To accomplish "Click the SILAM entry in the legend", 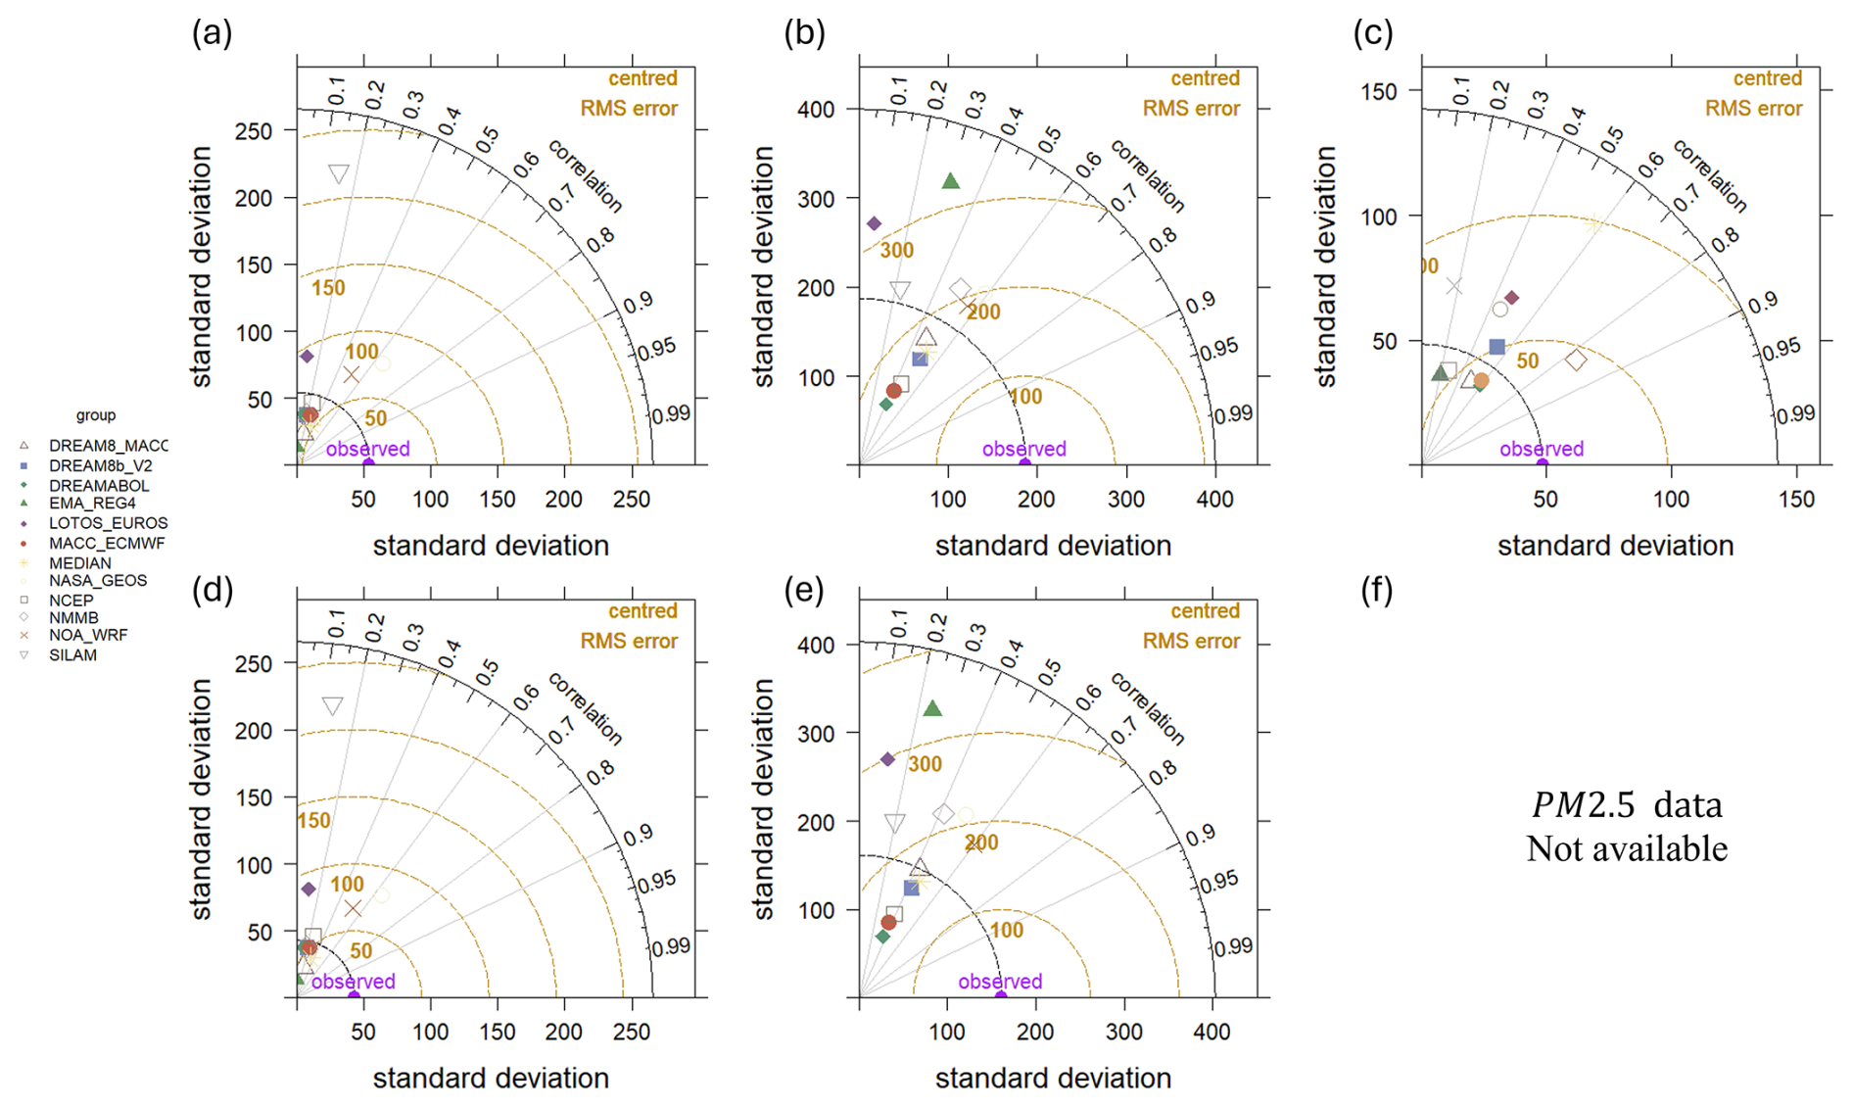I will tap(72, 655).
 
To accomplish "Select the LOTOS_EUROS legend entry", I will tap(108, 524).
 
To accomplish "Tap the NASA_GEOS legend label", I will tap(98, 581).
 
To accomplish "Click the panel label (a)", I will tap(212, 34).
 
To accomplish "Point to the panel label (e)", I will tap(804, 591).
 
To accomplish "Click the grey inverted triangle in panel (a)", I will tap(338, 174).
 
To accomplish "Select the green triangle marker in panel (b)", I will tap(950, 181).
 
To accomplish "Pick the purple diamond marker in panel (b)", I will tap(875, 224).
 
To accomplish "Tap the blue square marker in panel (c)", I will tap(1497, 347).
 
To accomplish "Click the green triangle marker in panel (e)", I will tap(932, 708).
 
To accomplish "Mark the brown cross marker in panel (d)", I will tap(353, 909).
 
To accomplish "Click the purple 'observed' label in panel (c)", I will tap(1541, 449).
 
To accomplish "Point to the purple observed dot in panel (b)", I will tap(1024, 463).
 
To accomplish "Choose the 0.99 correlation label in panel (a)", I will tap(671, 414).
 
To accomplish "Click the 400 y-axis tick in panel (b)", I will tap(815, 109).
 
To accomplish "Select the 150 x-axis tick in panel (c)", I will tap(1795, 500).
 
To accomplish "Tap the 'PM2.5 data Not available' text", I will tap(1627, 827).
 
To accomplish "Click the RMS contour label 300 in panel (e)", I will tap(924, 764).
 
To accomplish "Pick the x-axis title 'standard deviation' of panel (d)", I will tap(491, 1079).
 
